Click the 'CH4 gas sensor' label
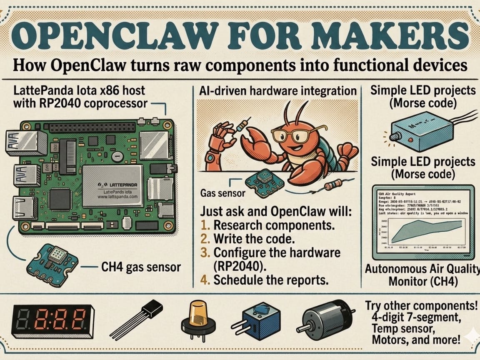[x=141, y=267]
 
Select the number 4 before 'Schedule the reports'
[x=204, y=280]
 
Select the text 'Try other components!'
[x=421, y=305]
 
